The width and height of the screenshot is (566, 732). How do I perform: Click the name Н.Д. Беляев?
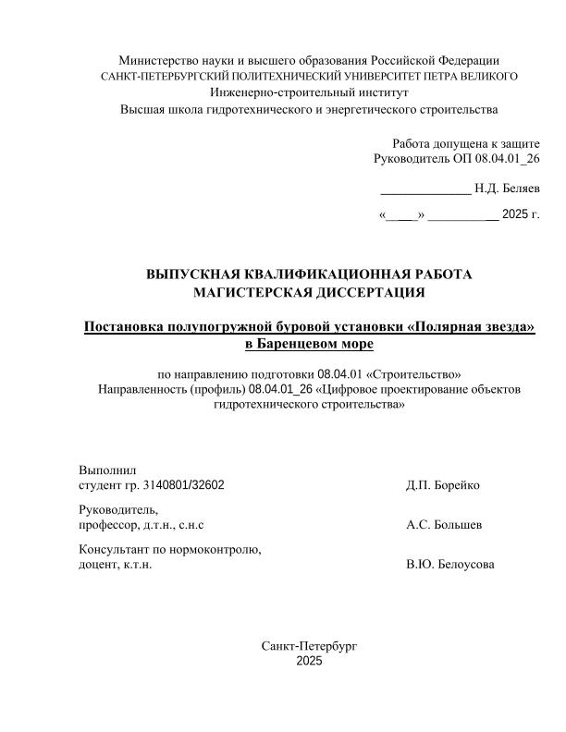click(x=507, y=189)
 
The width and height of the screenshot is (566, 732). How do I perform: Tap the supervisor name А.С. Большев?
click(x=443, y=525)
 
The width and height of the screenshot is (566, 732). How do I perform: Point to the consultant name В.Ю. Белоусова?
click(x=449, y=565)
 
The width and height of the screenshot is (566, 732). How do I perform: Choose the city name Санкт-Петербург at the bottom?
click(x=309, y=645)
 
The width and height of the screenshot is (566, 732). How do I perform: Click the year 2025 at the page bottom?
click(x=309, y=661)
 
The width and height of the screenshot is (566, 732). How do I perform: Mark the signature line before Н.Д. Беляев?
click(x=425, y=192)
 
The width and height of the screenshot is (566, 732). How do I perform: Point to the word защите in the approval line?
click(x=519, y=143)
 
